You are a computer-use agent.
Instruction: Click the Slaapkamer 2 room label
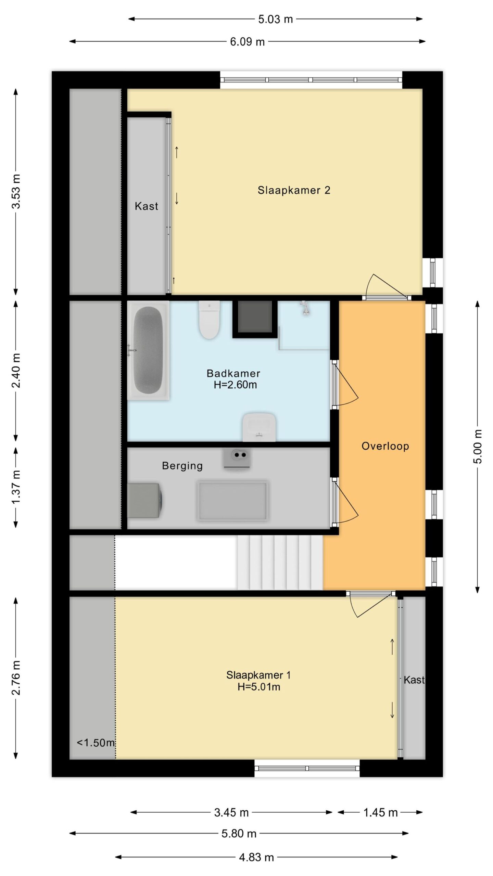point(294,190)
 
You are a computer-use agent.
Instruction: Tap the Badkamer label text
point(233,373)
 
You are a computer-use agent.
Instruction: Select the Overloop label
point(385,446)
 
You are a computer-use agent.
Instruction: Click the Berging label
point(182,466)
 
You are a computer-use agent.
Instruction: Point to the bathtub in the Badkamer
point(148,350)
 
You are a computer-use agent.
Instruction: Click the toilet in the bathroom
point(209,320)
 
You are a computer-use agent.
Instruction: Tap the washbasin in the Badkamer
point(259,427)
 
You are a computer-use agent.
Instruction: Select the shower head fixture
point(304,308)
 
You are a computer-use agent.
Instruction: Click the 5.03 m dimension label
point(275,19)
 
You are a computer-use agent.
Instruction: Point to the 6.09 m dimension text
point(247,42)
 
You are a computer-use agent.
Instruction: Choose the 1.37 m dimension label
point(16,487)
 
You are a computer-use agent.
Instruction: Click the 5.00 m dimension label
point(477,447)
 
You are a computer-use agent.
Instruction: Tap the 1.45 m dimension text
point(380,812)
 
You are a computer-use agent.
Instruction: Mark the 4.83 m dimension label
point(256,857)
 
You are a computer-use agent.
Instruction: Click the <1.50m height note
point(96,743)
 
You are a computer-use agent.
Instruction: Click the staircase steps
point(280,563)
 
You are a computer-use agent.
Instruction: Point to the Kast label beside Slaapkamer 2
point(147,206)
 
